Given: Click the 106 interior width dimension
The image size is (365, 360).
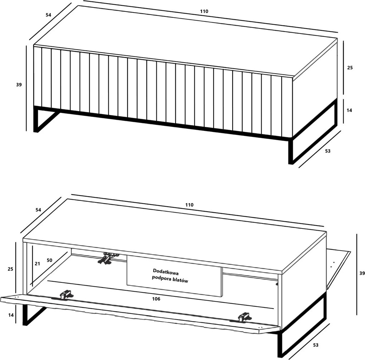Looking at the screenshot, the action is coord(156,299).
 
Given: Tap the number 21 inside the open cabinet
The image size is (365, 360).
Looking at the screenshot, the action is coord(37,264).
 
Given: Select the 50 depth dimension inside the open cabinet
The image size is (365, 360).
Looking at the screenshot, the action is coord(49,260).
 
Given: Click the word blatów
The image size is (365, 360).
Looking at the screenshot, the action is coord(180,280).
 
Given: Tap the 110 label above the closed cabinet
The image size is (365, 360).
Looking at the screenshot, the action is coord(204,11).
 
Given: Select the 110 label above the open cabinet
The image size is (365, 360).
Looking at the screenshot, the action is coord(189,205).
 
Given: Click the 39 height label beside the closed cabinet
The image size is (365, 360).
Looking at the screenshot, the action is coord(19,85).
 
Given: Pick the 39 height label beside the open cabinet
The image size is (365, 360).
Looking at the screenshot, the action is coord(362,273).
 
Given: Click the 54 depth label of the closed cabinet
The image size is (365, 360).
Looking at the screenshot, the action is coord(48,15).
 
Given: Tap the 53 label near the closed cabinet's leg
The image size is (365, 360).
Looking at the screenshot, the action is coord(327,151).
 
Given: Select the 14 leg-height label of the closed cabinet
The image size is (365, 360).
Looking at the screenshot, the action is coord(349,110).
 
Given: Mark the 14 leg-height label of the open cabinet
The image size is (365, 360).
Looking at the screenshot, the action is coord(11,315).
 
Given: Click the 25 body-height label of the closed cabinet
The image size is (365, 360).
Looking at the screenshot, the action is coord(350,68).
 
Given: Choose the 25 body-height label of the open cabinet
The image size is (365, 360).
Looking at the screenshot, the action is coord(10,269).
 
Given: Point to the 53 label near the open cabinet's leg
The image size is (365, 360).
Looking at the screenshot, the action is coord(316,345).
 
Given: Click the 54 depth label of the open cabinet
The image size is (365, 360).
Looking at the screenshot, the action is coord(38,210).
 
